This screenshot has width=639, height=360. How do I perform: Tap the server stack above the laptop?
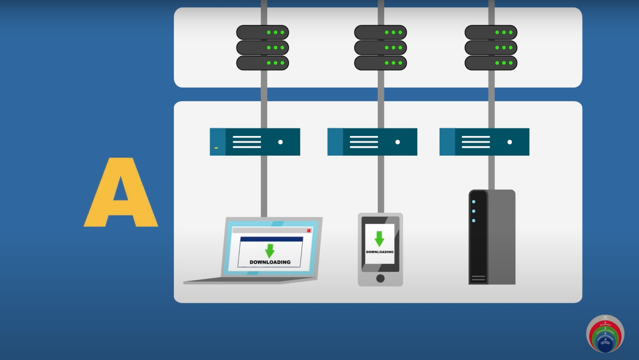coord(263,47)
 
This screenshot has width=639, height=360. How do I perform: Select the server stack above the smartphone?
coord(380,47)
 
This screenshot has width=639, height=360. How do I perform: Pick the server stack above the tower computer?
coord(491,47)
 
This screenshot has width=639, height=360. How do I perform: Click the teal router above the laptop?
coord(255,142)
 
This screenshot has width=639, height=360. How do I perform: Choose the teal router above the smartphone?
coord(372,142)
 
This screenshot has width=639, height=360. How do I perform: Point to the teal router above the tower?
coord(484,142)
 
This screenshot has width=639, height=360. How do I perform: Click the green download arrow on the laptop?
coord(270,251)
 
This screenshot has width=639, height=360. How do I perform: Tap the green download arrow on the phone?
coord(379,239)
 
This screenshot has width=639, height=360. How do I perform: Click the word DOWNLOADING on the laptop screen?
coord(270,262)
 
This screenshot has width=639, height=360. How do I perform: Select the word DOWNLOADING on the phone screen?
coord(379,252)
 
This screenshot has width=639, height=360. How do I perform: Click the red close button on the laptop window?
coord(309,230)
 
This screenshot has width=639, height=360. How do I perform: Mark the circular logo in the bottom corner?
coord(605,334)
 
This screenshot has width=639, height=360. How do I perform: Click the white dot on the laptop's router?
coord(280,142)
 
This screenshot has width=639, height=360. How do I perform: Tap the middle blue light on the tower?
coord(473,211)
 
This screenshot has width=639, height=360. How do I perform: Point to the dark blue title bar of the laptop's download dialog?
coord(272,239)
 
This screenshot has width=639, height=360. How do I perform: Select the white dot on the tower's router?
coord(510,142)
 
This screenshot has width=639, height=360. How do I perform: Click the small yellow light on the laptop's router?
coord(216,148)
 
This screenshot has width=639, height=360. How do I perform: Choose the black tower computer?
coord(492,237)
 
